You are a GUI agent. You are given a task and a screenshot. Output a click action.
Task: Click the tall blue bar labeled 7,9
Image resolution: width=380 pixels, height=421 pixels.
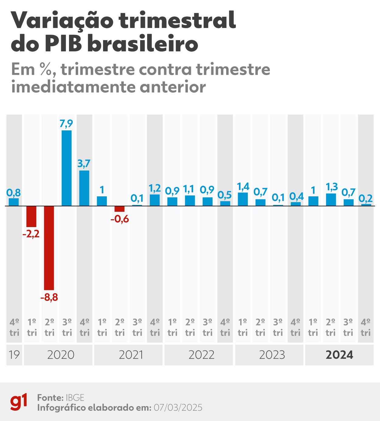click(67, 168)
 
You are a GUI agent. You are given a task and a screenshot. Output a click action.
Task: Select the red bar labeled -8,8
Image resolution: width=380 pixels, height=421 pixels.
click(49, 248)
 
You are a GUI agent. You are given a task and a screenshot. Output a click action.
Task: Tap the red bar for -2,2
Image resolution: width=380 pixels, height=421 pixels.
click(31, 216)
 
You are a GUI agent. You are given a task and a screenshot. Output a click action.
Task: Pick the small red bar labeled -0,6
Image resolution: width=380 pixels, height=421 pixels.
click(119, 209)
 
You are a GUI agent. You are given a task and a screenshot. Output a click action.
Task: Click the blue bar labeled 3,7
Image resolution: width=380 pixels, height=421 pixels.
click(84, 188)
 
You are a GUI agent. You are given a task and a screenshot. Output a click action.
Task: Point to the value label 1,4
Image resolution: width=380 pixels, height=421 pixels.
click(243, 186)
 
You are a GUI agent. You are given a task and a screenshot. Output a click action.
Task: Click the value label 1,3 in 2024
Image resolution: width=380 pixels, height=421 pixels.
click(331, 187)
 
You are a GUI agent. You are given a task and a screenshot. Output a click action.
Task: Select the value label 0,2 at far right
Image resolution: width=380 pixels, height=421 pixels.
click(365, 198)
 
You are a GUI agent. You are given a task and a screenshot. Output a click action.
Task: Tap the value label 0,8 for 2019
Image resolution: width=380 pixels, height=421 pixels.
click(14, 192)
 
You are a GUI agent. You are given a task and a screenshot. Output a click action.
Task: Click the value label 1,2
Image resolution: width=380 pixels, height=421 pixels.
click(155, 188)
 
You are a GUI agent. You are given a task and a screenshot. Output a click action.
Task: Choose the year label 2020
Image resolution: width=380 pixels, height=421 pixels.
click(60, 355)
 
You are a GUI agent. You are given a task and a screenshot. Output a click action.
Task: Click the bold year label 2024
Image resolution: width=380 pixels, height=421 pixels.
click(339, 355)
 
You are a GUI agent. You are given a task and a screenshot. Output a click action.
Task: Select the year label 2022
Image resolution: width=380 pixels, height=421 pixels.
click(201, 355)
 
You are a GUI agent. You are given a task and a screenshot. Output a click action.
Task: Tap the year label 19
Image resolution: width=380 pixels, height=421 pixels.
click(14, 355)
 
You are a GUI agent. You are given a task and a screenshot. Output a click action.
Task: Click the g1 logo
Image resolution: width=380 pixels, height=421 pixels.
click(19, 402)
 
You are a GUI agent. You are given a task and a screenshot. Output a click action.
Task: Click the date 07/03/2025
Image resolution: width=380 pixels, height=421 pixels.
click(178, 408)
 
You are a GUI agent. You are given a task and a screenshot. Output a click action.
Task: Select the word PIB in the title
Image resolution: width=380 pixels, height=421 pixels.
click(64, 44)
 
